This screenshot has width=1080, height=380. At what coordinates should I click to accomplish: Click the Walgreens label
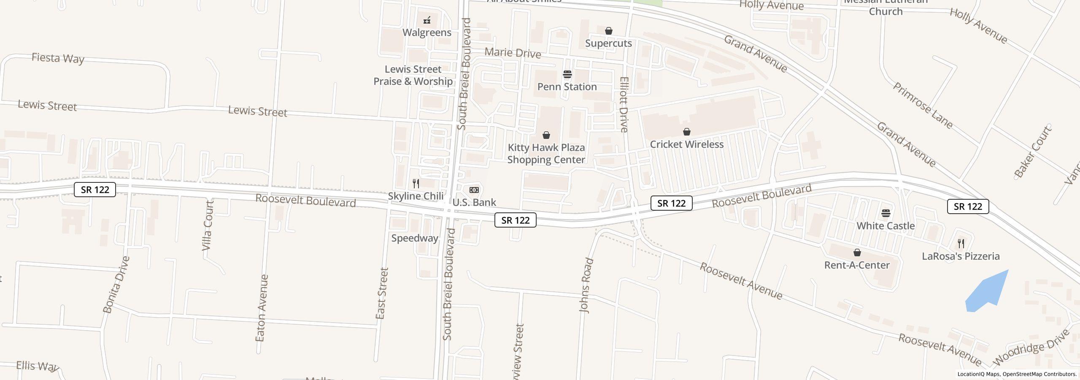(x=427, y=33)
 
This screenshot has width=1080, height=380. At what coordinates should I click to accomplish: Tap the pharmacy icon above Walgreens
(x=427, y=20)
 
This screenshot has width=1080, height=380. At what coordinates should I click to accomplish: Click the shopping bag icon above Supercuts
(x=608, y=31)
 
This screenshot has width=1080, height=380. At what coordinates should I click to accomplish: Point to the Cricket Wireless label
(x=686, y=144)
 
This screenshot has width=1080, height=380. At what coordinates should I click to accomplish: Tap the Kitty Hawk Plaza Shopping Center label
(x=546, y=153)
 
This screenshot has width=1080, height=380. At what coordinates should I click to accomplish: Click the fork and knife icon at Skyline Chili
(x=416, y=183)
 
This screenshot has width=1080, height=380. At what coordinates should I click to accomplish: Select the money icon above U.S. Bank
(x=474, y=190)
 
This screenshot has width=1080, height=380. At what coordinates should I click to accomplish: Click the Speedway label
(x=414, y=238)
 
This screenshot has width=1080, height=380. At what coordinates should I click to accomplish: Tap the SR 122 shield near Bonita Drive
(x=95, y=190)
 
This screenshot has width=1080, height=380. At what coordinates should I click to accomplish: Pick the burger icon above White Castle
(x=886, y=213)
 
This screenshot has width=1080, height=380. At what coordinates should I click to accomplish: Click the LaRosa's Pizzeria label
(x=961, y=256)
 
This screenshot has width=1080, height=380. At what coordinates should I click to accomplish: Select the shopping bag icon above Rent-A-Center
(x=857, y=252)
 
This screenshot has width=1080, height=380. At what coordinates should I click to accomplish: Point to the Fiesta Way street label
(x=58, y=58)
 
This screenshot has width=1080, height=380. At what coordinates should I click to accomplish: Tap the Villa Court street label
(x=207, y=225)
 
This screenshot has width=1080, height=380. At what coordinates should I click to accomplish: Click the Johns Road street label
(x=586, y=285)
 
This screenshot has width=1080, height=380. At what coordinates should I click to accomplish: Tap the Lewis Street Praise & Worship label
(x=413, y=75)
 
